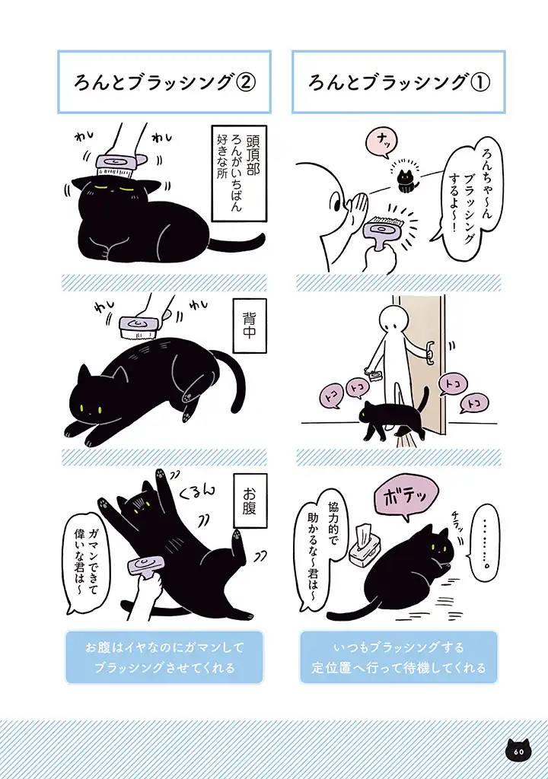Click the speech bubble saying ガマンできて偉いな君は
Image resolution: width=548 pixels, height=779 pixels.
click(x=86, y=552)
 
